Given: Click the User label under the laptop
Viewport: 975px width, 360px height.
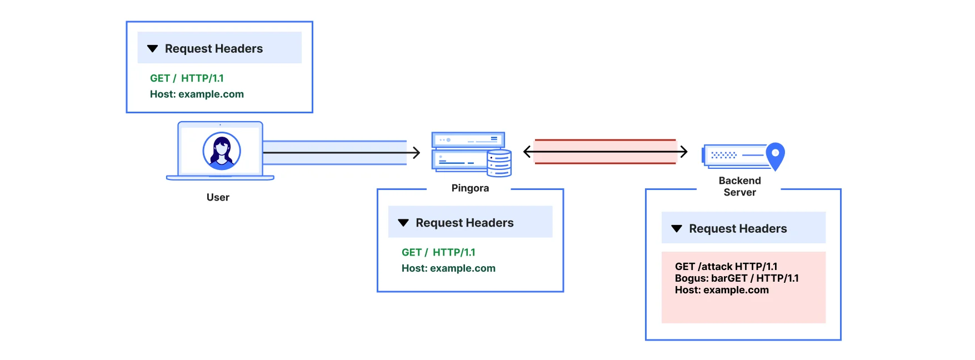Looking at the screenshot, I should point(218,197).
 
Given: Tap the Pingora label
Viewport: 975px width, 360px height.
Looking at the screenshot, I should point(470,188).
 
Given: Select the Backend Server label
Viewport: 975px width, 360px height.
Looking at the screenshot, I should point(739,186).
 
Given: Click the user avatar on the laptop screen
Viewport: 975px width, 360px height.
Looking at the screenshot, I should point(222,151).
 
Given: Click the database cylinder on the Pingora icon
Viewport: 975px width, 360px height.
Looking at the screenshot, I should point(499,163).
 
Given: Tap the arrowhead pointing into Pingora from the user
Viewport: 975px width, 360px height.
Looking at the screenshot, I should point(416,152).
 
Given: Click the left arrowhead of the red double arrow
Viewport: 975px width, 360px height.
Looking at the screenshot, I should point(528,151).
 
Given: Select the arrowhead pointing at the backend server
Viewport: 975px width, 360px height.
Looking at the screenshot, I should point(683,151).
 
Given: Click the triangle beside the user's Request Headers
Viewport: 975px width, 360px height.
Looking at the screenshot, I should point(153,49).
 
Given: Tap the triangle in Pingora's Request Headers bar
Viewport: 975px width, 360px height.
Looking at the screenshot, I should point(403,223).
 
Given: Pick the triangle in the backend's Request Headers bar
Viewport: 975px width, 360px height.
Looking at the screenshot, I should point(677,228).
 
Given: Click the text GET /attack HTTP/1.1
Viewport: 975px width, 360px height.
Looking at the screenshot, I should point(726,267).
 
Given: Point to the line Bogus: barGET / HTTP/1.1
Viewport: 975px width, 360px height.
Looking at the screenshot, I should point(737,278).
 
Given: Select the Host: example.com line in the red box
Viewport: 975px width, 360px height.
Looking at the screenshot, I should point(722,290).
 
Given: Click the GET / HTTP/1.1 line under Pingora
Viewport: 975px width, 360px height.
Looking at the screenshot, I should point(438,252).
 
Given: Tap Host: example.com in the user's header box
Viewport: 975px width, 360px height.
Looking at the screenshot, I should point(197,94).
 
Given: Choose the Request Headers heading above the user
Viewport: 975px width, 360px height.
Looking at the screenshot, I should point(214,49).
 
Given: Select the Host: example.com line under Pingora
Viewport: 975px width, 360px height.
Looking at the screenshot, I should point(448,268).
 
